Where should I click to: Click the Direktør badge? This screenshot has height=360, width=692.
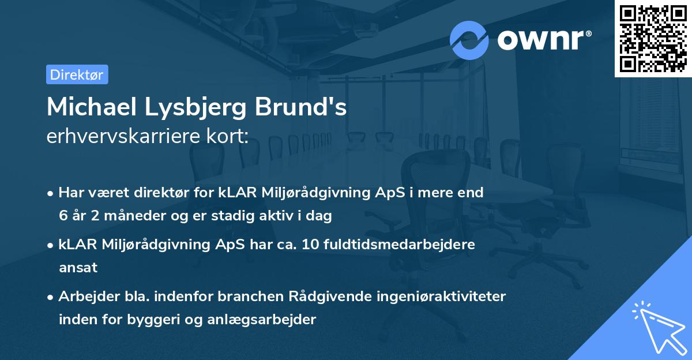click(77, 74)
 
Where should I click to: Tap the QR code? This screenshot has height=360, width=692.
click(653, 38)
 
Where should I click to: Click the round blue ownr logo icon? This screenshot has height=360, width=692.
click(469, 40)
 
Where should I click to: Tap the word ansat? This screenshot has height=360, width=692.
click(78, 268)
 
